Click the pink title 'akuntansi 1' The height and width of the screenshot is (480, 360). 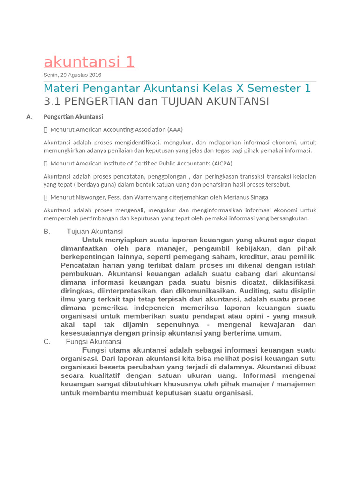click(89, 62)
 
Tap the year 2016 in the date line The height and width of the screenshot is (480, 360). click(94, 75)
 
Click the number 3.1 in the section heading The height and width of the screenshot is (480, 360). click(52, 101)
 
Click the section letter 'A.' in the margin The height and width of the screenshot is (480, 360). click(29, 117)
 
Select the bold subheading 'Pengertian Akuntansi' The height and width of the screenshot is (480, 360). click(73, 117)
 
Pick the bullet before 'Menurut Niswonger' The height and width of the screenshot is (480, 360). click(45, 197)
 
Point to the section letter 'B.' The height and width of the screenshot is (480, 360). click(47, 231)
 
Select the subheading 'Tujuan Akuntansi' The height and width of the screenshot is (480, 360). click(95, 231)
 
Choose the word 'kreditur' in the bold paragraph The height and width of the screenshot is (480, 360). click(270, 257)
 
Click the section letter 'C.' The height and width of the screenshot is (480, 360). click(47, 342)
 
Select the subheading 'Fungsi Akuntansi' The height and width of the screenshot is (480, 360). click(94, 342)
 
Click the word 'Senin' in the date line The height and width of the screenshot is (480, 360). click(51, 75)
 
